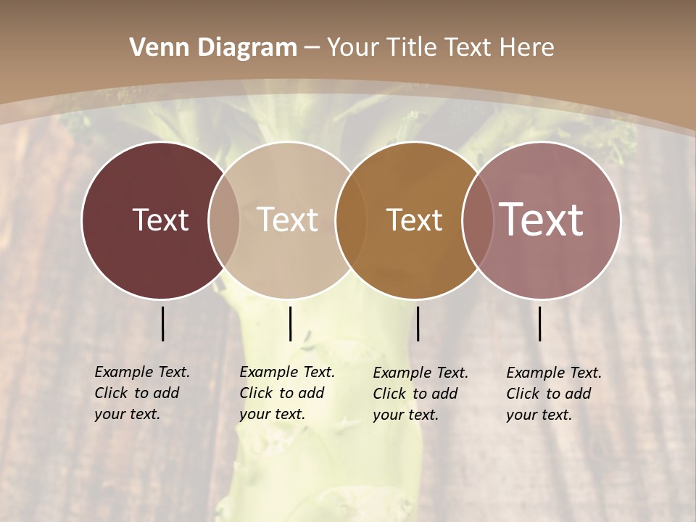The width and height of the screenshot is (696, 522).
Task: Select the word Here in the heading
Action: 529,48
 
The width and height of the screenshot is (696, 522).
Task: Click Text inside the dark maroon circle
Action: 160,220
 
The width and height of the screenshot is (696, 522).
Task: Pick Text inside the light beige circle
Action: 288,220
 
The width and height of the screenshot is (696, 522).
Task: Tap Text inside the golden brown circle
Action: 414,220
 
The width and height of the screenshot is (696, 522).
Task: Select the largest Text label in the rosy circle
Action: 541,220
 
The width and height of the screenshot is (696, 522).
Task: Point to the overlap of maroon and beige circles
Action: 224,220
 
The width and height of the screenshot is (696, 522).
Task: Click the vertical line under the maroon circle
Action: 162,323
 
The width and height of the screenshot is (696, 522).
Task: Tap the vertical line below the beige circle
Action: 290,323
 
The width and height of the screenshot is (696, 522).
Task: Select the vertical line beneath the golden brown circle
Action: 418,323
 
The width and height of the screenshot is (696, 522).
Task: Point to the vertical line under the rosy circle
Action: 539,323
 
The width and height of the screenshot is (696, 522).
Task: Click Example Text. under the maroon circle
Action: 142,372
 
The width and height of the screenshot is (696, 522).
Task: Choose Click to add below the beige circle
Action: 281,393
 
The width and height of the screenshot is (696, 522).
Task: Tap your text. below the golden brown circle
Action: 405,415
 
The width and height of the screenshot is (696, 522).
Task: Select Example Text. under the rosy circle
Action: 554,373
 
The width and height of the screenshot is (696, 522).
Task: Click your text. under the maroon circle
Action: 127,414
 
